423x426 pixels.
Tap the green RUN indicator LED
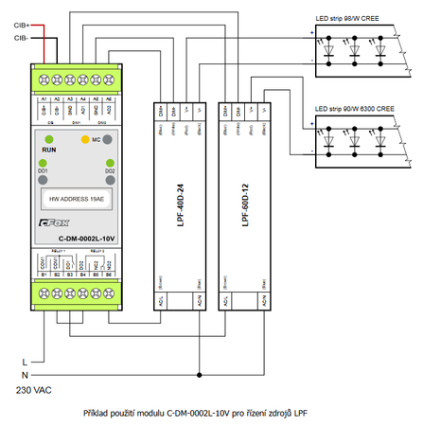[44, 139]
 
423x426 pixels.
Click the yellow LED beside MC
[85, 139]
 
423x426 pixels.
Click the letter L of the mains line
[24, 362]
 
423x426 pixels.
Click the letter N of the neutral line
[24, 375]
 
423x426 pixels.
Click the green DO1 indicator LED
[44, 162]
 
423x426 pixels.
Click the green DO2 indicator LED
[110, 162]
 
